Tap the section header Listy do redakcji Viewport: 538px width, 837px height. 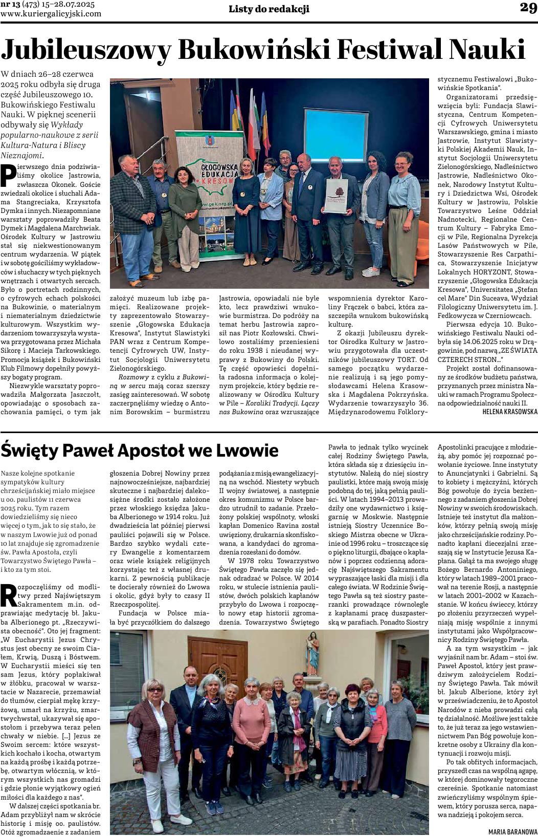[x=268, y=9]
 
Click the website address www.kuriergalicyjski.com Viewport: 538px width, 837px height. [x=51, y=14]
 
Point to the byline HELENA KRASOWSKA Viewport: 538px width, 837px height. [x=510, y=411]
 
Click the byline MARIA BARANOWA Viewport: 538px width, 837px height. [x=513, y=831]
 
